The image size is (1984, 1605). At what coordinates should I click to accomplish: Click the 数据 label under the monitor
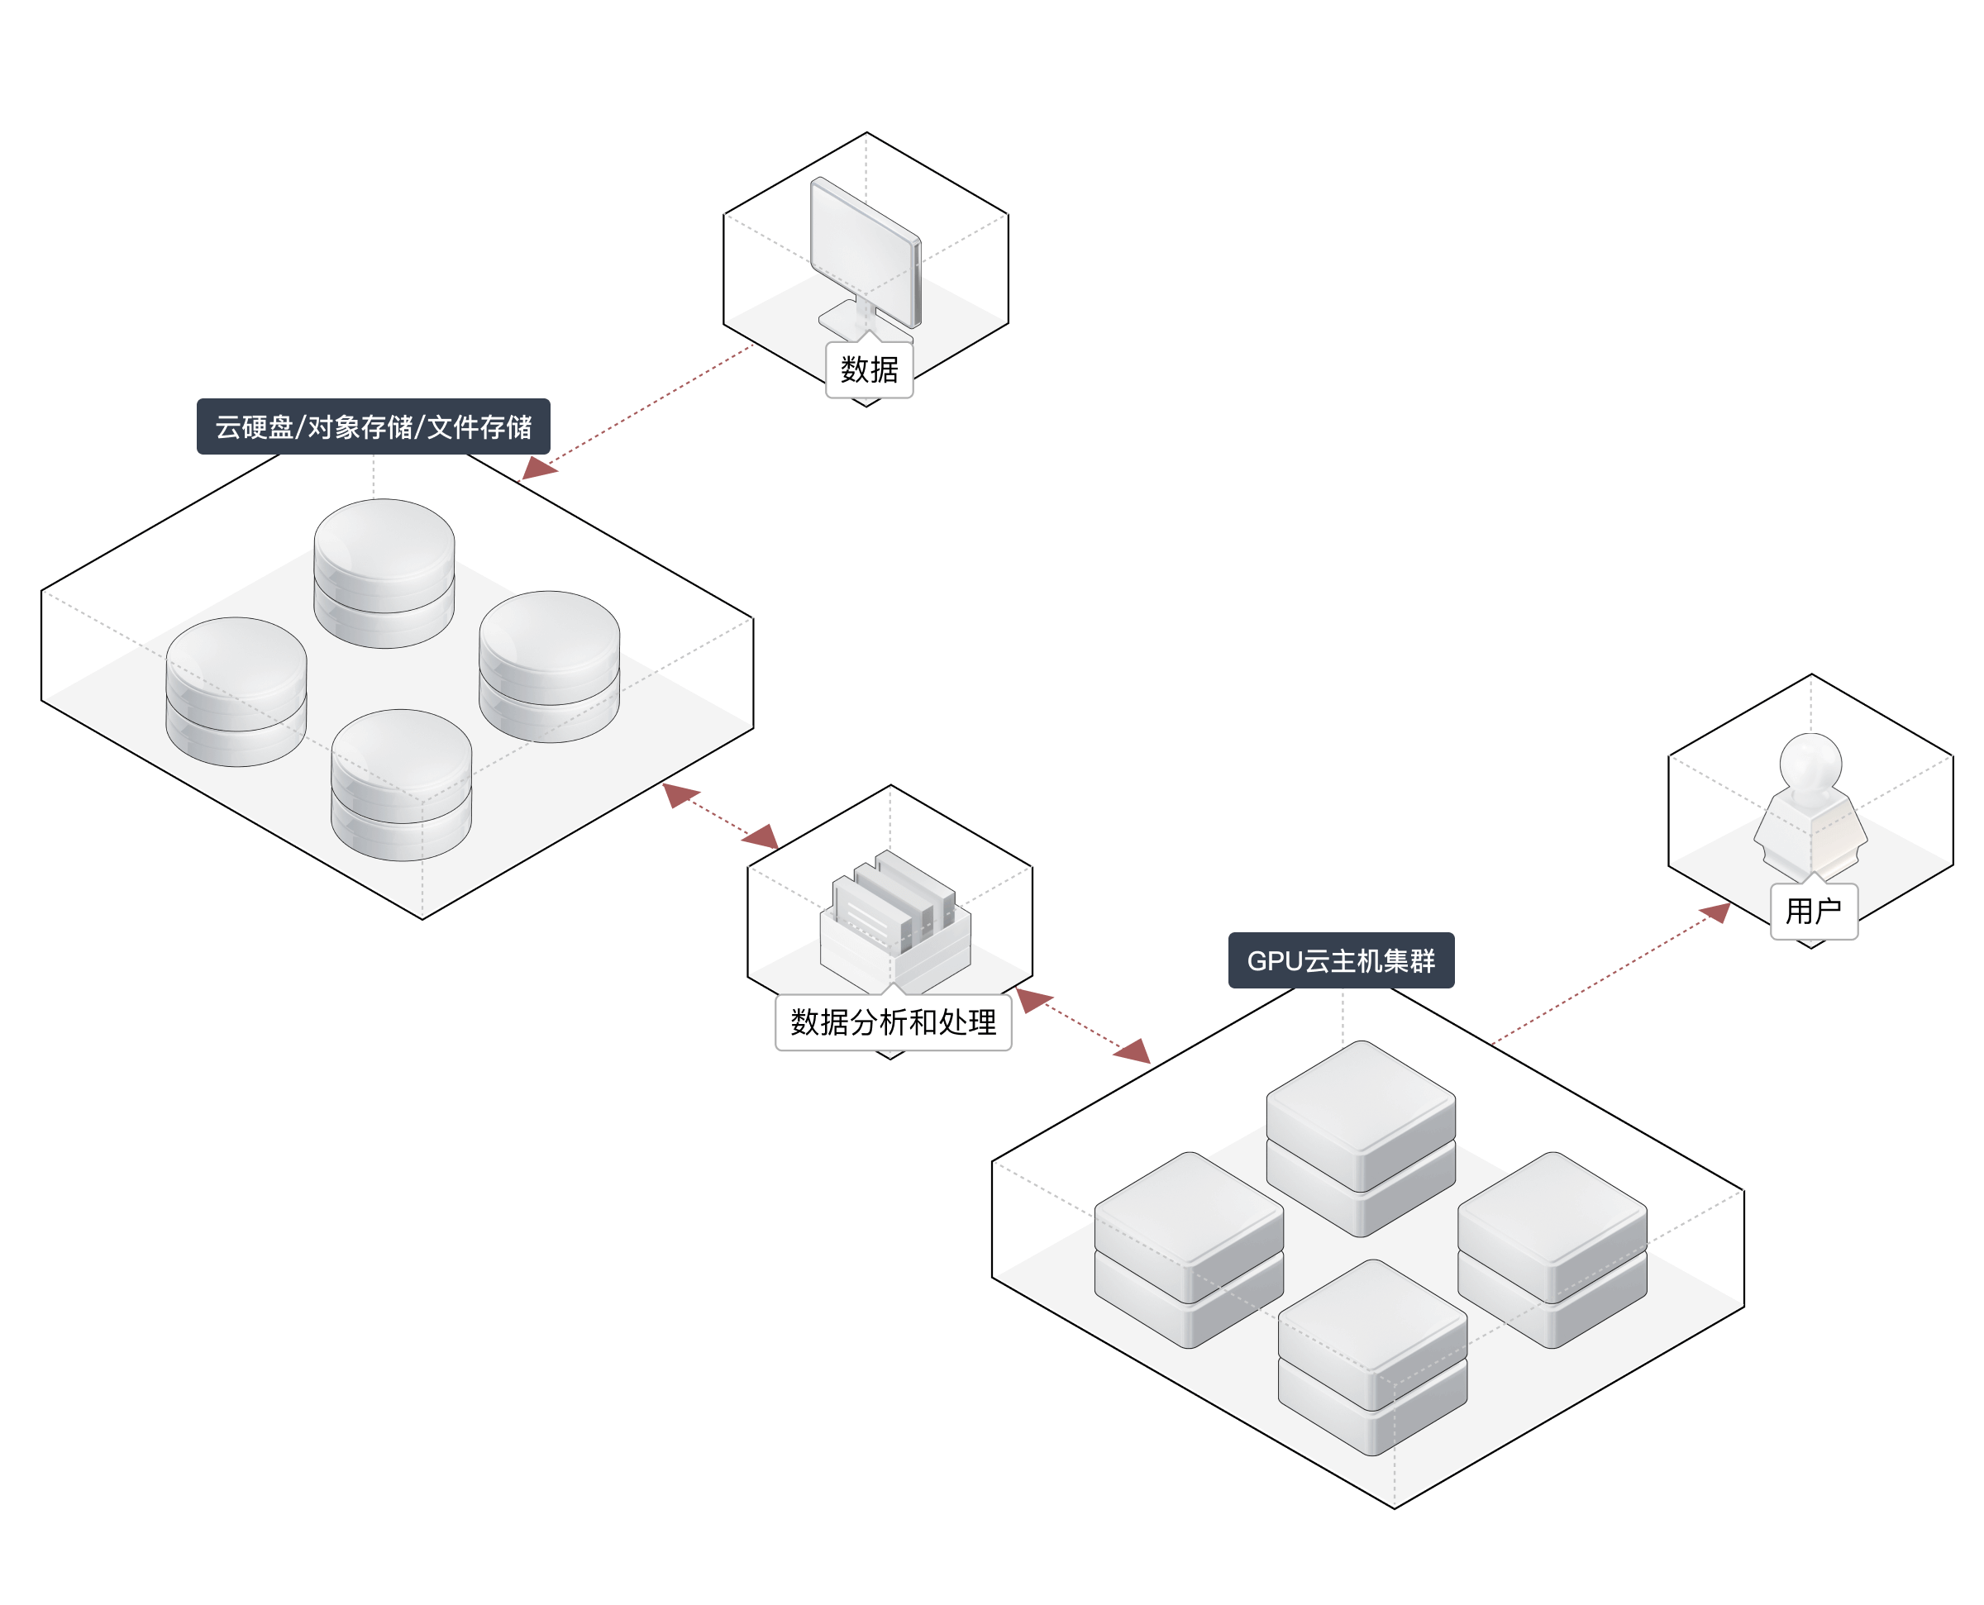point(869,369)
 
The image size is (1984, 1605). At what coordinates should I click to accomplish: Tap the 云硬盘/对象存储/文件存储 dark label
point(374,426)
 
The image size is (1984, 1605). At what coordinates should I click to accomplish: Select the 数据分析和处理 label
point(893,1022)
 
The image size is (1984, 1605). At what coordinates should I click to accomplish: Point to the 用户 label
point(1813,911)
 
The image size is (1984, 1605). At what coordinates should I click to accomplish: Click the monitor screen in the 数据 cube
point(866,250)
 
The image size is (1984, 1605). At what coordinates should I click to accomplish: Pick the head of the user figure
point(1811,764)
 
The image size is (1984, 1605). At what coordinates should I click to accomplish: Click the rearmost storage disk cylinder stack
point(384,574)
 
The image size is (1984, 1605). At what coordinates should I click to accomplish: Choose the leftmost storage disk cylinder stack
point(236,692)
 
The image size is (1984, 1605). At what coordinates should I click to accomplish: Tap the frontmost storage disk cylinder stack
point(401,785)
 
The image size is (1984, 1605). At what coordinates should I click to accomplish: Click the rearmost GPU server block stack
point(1361,1138)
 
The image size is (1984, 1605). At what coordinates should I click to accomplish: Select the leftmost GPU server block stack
point(1189,1250)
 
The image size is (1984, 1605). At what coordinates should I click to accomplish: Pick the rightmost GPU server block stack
point(1552,1250)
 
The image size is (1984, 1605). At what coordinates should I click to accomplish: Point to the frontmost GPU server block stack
point(1372,1357)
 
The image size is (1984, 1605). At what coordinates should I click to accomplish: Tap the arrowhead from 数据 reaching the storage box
point(537,468)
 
